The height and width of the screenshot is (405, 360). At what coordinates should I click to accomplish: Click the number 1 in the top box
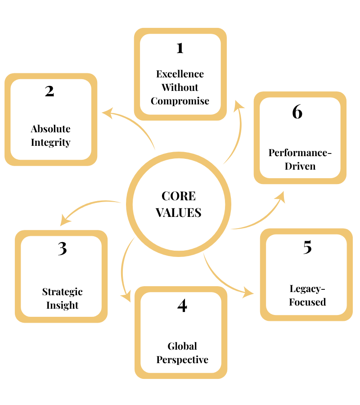[x=180, y=48]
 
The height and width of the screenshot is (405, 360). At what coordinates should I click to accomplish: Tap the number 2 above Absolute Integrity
[x=49, y=91]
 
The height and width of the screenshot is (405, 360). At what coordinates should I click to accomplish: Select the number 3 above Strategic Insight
[x=62, y=248]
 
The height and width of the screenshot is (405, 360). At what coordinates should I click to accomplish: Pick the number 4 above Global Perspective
[x=182, y=306]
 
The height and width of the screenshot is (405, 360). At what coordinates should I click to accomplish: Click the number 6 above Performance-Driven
[x=297, y=112]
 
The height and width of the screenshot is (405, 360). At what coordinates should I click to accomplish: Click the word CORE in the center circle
[x=179, y=196]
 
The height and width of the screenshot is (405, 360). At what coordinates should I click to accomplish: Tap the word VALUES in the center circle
[x=179, y=212]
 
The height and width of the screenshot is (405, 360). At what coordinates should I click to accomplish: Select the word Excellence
[x=180, y=74]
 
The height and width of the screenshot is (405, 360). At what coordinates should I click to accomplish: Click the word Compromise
[x=180, y=101]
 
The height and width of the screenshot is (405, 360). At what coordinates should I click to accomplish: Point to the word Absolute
[x=50, y=129]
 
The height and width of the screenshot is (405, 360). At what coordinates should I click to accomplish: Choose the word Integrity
[x=50, y=143]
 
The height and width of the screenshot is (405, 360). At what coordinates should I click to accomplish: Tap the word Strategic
[x=63, y=292]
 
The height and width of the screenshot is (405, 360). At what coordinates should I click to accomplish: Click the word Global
[x=182, y=346]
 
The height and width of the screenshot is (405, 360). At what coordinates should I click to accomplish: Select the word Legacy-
[x=307, y=288]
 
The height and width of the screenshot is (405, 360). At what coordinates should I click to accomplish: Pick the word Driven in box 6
[x=300, y=166]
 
